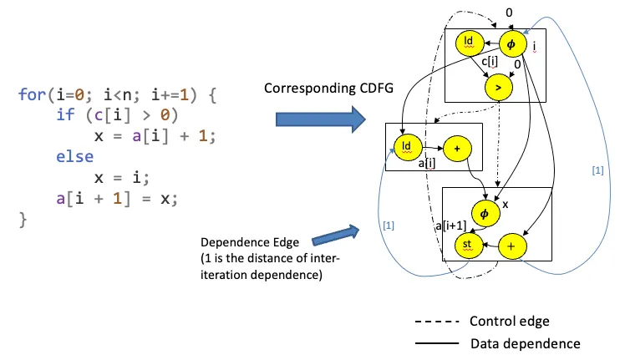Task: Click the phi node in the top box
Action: point(512,42)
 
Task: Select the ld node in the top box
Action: point(469,42)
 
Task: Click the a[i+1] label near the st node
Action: point(453,226)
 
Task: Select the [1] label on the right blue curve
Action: point(597,171)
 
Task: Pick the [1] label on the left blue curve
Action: point(389,226)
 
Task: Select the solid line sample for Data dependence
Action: point(436,342)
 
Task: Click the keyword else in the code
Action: point(74,156)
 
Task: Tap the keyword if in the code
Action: point(64,114)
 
